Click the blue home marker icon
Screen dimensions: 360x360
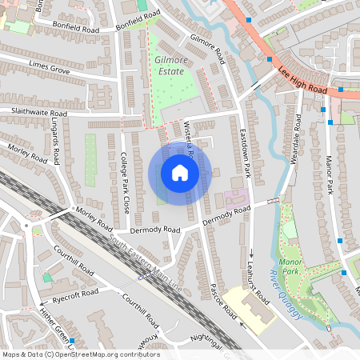(179, 173)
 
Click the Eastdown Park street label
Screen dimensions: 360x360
(246, 154)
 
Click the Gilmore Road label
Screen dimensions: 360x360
(206, 47)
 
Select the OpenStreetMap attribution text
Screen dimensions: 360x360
(81, 354)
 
